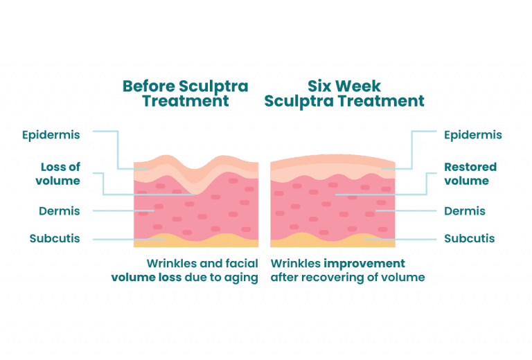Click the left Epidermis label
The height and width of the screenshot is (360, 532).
51,135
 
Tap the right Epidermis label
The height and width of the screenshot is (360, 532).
473,135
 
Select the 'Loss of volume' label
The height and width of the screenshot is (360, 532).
58,174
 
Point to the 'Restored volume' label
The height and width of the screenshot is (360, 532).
470,174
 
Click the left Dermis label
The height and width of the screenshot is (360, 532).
60,211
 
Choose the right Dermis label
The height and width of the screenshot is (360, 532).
465,211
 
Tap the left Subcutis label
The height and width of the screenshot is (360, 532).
55,238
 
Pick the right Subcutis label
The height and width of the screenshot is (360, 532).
470,238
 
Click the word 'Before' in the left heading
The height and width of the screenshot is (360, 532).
149,86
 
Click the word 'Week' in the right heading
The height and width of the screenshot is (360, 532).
360,86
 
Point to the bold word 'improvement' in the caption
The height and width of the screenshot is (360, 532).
364,264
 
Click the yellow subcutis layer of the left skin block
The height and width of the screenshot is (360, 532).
196,242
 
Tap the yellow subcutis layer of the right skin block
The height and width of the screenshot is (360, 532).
332,242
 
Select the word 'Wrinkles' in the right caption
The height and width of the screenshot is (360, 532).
296,263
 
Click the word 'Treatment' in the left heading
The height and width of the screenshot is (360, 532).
186,101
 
